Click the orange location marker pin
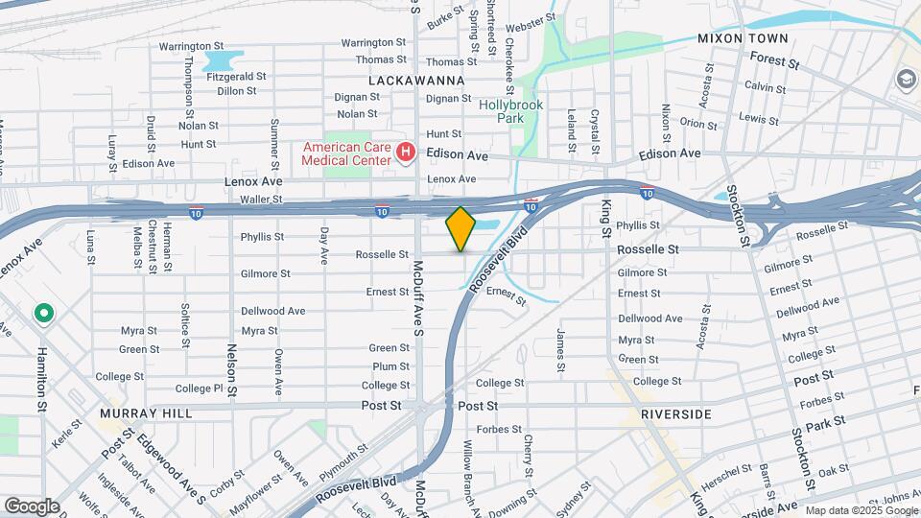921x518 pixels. coord(460,229)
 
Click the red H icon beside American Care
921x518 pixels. coord(406,153)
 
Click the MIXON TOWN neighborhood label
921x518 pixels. coord(743,38)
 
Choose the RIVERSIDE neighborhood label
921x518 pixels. coord(676,414)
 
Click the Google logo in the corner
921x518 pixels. coord(32,506)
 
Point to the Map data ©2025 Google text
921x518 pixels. coord(861,510)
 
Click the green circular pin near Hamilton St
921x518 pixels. coord(43,314)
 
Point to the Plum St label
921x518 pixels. coord(390,366)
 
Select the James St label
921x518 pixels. coord(560,349)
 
